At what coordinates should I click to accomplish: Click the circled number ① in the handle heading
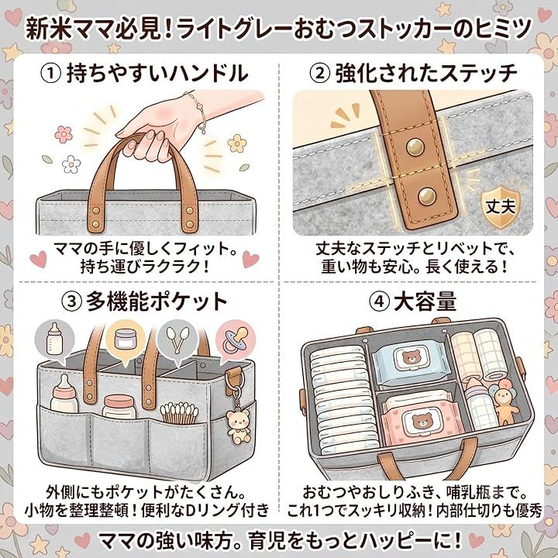(50, 74)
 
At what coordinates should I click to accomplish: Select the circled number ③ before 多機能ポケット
(72, 301)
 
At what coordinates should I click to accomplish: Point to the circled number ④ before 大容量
(379, 301)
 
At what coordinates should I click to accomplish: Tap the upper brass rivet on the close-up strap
(415, 146)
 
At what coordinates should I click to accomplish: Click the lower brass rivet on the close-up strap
(427, 196)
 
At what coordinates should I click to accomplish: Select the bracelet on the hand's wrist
(196, 112)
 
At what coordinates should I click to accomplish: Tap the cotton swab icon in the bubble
(177, 339)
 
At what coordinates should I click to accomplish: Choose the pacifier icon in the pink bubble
(235, 340)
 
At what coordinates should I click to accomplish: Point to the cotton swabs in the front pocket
(179, 413)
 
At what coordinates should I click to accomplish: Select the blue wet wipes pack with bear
(411, 363)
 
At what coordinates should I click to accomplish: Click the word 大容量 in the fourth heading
(425, 301)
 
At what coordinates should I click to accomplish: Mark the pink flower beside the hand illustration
(64, 134)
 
